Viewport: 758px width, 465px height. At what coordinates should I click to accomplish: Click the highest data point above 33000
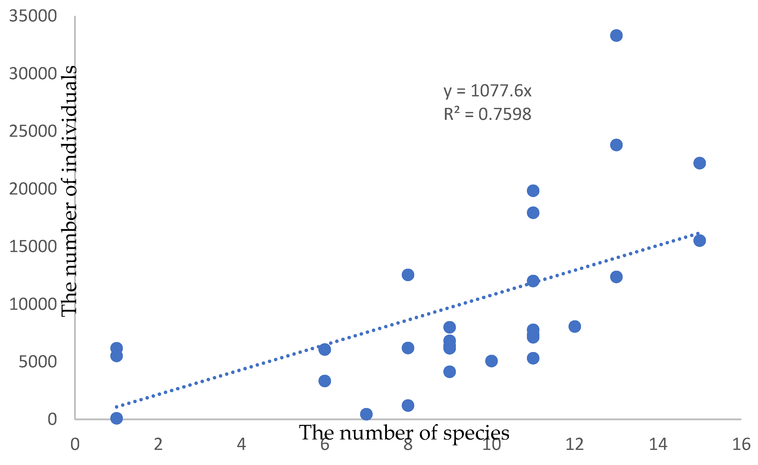point(616,36)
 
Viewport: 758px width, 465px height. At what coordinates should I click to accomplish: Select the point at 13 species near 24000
point(616,145)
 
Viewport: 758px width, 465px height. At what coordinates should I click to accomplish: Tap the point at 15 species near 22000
point(700,163)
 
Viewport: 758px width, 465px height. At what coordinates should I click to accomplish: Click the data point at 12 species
point(575,326)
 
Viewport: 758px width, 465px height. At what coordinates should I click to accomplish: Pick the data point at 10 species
point(491,361)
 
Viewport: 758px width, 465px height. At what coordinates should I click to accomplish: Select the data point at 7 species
point(366,414)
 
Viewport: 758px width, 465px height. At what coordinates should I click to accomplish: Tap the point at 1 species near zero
point(116,418)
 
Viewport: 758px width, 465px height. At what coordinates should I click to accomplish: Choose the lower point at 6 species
point(325,381)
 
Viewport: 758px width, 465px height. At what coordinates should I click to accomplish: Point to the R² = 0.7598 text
point(487,114)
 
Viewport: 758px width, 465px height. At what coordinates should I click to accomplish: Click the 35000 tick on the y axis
point(33,16)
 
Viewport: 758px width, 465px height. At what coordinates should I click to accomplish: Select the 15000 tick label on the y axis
point(33,247)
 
